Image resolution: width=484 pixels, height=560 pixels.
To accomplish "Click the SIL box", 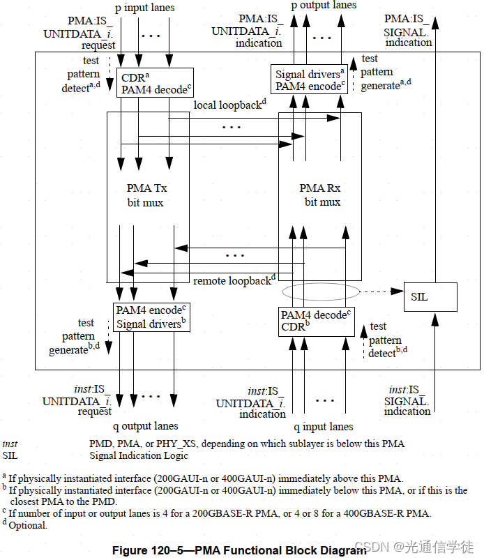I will [x=430, y=296].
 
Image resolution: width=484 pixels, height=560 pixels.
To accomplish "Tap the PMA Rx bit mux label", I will [x=322, y=195].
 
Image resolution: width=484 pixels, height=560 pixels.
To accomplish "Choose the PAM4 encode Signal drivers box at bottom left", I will [x=151, y=317].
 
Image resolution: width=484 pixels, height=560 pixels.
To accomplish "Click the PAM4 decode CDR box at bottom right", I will [x=315, y=321].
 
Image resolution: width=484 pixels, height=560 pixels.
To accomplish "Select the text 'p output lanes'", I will [x=324, y=6].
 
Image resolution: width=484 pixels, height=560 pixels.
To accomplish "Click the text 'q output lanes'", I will [x=145, y=425].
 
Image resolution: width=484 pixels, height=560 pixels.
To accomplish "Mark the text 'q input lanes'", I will [x=323, y=426].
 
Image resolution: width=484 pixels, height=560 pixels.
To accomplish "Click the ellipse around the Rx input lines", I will [x=321, y=290].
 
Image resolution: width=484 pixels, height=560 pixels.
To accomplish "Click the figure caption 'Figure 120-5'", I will [x=239, y=550].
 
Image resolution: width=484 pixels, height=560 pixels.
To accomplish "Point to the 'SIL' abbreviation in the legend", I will [x=10, y=455].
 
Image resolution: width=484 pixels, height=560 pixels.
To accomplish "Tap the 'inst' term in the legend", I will [x=10, y=444].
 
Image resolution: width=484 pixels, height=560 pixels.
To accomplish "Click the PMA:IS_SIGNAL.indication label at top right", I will [x=409, y=31].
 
